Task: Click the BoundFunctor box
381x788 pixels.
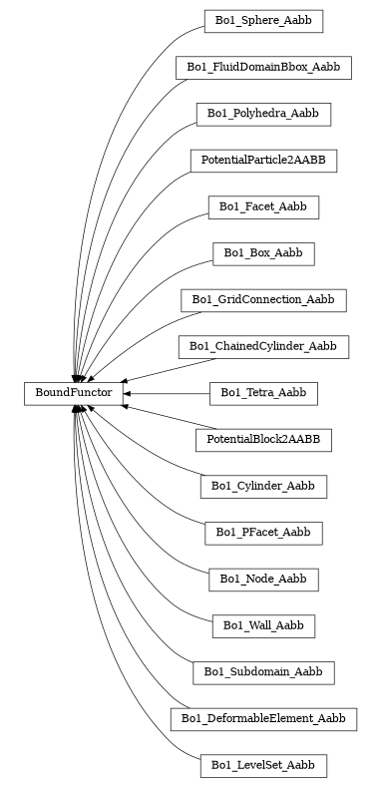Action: click(x=74, y=394)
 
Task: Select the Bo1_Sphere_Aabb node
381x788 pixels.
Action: click(x=263, y=20)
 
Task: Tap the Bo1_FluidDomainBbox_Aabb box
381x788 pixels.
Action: click(x=263, y=67)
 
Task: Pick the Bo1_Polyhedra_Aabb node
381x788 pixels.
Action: click(x=263, y=114)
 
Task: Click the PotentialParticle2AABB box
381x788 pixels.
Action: click(x=263, y=160)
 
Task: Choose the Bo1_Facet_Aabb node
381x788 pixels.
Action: click(x=263, y=206)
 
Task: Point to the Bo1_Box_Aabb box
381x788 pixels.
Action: click(x=263, y=253)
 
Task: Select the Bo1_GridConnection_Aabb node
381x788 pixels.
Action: click(x=263, y=299)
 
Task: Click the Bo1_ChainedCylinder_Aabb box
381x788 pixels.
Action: click(x=263, y=346)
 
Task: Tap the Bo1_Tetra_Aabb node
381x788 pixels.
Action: click(x=263, y=394)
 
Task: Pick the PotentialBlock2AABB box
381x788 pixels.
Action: click(x=263, y=440)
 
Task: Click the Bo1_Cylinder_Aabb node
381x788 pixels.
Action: click(x=263, y=487)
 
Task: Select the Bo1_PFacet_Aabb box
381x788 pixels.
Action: click(x=263, y=533)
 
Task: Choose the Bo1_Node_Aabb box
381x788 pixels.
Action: click(x=263, y=580)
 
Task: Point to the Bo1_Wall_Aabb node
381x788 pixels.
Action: click(x=263, y=626)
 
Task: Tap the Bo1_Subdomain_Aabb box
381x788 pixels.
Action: click(x=263, y=672)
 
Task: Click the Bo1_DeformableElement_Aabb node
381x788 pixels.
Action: click(x=263, y=719)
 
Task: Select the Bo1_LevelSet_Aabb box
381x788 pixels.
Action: click(x=263, y=766)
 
